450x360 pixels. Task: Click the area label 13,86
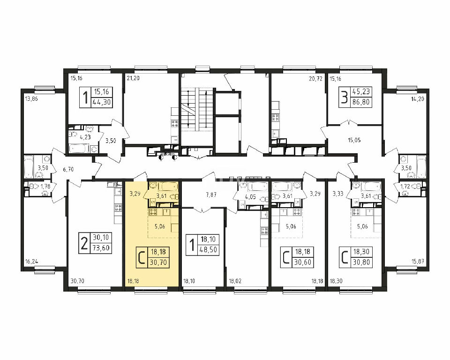click(x=31, y=99)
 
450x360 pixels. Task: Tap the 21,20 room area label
click(x=133, y=78)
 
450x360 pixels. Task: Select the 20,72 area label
click(x=316, y=78)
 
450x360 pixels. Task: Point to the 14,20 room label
click(x=418, y=99)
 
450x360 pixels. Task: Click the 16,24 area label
click(x=31, y=262)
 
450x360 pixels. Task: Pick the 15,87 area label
click(x=418, y=262)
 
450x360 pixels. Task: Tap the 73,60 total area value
click(x=101, y=248)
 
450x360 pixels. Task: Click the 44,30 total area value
click(x=102, y=102)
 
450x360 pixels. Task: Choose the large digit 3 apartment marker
click(x=344, y=97)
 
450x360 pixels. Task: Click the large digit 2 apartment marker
click(x=84, y=243)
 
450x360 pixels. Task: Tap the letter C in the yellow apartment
click(x=142, y=257)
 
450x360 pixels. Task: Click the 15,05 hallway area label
click(x=354, y=140)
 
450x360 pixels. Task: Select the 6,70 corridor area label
click(x=68, y=169)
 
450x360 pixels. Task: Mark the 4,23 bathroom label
click(x=85, y=137)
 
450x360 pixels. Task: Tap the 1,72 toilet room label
click(x=405, y=187)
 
